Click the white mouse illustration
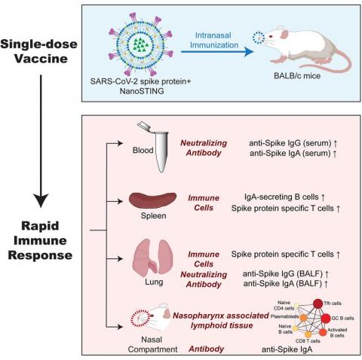pos(302,43)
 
